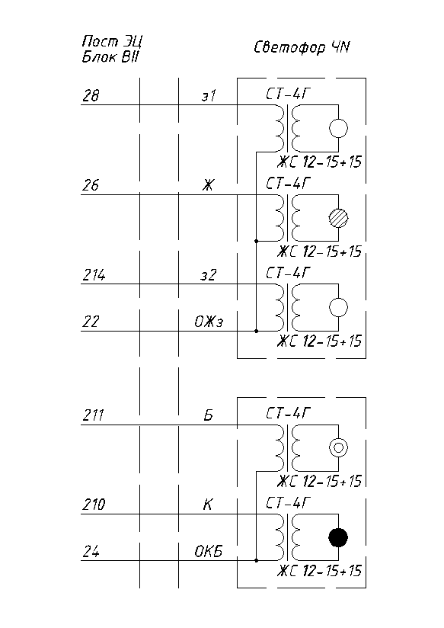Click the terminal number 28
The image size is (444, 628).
[91, 96]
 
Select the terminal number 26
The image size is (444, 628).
[91, 185]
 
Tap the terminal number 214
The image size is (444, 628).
[94, 275]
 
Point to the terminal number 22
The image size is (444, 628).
[91, 322]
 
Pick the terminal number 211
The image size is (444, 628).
[93, 415]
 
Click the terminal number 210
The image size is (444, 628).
[94, 505]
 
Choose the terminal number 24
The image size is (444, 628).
[91, 552]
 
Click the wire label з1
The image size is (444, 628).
[208, 96]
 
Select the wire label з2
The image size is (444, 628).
[208, 275]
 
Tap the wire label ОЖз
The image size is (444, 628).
[209, 322]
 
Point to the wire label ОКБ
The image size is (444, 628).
[208, 552]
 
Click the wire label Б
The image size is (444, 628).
[208, 415]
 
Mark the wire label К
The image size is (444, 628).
[207, 505]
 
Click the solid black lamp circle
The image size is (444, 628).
[338, 537]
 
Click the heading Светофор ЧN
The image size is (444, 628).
[302, 48]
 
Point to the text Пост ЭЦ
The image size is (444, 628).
[112, 41]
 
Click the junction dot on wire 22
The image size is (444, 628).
[256, 332]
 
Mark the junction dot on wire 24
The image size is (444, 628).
[256, 560]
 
